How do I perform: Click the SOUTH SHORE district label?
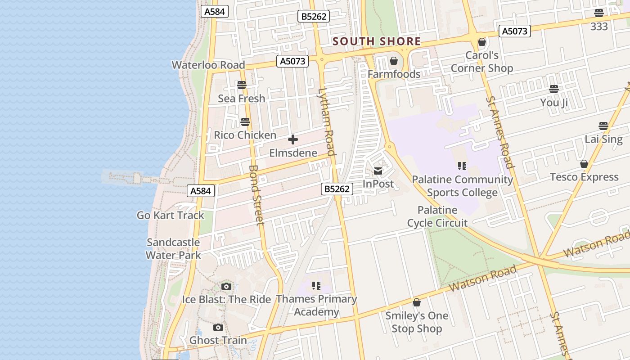(377, 42)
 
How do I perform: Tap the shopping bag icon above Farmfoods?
(394, 61)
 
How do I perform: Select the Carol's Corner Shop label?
(481, 62)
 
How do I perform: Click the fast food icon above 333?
(599, 13)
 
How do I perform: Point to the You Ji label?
(554, 103)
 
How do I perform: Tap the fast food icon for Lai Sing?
(603, 126)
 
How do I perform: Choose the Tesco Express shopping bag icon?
(584, 164)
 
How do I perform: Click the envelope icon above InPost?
(378, 171)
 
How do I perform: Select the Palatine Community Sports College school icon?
(462, 166)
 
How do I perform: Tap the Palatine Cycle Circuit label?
(437, 216)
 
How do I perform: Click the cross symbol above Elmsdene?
(293, 139)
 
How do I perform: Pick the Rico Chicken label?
(245, 135)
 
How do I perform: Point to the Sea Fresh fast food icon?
(242, 85)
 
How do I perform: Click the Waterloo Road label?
(208, 65)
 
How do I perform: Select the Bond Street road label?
(256, 195)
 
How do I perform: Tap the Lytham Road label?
(327, 121)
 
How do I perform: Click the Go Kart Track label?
(170, 215)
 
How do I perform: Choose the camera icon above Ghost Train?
(218, 327)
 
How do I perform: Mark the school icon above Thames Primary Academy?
(316, 286)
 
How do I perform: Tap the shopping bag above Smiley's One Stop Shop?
(417, 302)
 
